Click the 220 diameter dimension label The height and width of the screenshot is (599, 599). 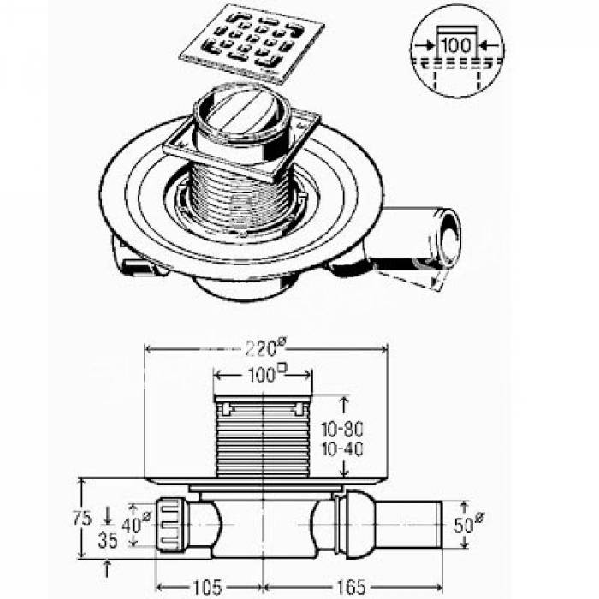(x=265, y=347)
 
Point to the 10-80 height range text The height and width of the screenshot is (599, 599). (x=342, y=430)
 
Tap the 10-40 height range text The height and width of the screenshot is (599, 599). (x=342, y=449)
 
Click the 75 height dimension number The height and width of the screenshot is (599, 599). (x=82, y=519)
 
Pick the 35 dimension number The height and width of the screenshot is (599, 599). (x=108, y=541)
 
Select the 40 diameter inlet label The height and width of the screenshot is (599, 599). (x=136, y=524)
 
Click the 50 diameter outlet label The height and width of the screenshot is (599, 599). (x=469, y=524)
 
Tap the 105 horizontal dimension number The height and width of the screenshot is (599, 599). (x=207, y=587)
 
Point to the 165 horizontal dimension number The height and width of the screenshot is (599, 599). (x=351, y=587)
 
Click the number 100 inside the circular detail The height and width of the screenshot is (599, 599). (x=456, y=45)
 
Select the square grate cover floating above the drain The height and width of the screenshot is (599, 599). (x=252, y=43)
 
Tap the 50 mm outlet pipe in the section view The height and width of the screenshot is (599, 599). (x=409, y=524)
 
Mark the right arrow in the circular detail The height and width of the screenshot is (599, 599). (x=489, y=45)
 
